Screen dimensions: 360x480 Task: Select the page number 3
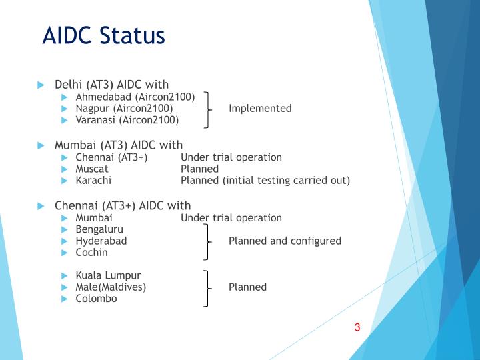(357, 327)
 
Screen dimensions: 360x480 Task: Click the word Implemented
(260, 109)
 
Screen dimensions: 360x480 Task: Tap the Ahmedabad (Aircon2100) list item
(135, 97)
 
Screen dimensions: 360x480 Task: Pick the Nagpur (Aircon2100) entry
(124, 109)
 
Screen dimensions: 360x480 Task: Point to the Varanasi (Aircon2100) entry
(127, 120)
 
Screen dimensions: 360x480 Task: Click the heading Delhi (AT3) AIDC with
(111, 85)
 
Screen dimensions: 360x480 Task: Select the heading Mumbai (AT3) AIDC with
(118, 145)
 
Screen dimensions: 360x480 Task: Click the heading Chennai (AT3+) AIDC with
(122, 205)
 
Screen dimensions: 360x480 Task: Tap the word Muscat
(92, 169)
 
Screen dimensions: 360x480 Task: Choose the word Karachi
(93, 181)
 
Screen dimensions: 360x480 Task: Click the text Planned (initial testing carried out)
(265, 181)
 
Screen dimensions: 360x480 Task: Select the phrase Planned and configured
(285, 241)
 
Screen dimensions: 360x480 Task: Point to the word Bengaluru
(99, 229)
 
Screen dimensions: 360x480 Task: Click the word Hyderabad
(101, 241)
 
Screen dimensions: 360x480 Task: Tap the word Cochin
(91, 253)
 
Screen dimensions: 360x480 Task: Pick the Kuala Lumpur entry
(108, 275)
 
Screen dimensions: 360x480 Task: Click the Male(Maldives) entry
(111, 287)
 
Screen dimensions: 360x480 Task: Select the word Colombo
(96, 299)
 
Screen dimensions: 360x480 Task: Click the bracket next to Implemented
(208, 109)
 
